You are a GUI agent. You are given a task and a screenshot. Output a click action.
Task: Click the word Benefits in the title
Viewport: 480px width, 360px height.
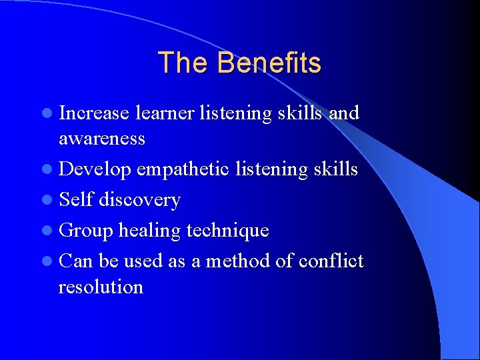tap(269, 63)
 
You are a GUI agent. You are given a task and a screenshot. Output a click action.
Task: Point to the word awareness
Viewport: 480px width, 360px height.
tap(101, 139)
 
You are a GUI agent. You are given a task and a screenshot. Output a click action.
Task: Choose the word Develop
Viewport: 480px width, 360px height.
tap(95, 170)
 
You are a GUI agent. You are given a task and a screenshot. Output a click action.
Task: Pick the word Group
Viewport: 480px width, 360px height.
tap(86, 231)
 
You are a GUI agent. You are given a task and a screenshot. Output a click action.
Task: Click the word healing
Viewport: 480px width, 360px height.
tap(149, 231)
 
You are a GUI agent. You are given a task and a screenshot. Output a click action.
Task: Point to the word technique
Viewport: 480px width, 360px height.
tap(227, 231)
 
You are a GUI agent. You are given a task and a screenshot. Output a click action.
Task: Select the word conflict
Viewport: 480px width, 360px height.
tap(331, 261)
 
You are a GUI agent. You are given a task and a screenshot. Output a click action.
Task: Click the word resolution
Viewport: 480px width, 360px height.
tap(101, 287)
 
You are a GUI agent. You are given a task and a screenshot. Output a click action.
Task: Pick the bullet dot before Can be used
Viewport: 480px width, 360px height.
tap(51, 261)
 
